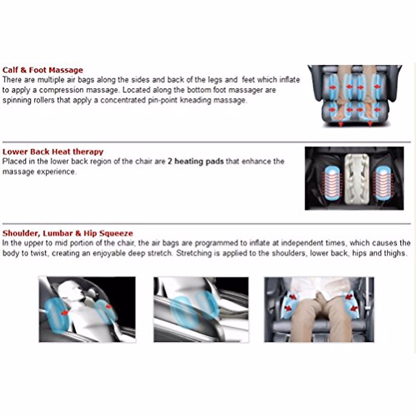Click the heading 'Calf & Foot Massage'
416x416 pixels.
coord(43,70)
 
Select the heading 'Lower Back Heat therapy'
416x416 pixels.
coord(53,152)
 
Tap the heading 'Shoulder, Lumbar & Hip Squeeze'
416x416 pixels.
coord(68,233)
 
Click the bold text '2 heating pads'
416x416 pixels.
coord(196,162)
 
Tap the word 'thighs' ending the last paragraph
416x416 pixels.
coord(395,253)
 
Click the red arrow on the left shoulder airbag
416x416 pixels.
coord(64,313)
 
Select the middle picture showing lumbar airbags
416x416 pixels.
coord(201,309)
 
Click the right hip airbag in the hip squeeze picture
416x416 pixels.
coord(350,302)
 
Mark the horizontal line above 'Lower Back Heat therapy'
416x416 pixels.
coord(206,142)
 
